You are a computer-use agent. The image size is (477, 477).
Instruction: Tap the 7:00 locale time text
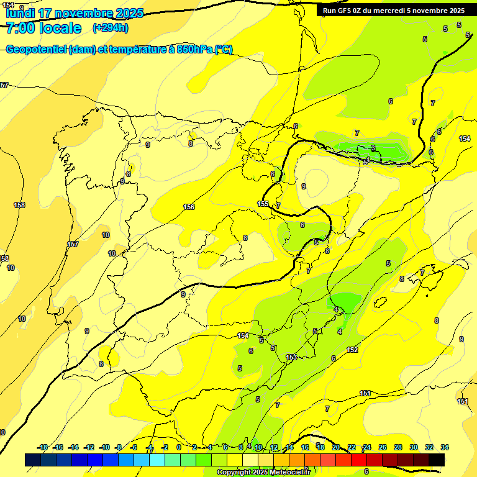43,28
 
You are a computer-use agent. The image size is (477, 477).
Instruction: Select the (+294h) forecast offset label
110,28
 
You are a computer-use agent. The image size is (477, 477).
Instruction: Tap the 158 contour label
19,205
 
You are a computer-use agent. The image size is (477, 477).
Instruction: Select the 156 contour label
189,207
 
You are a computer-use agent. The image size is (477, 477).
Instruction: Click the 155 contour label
263,204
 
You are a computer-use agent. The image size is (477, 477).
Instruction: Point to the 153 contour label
291,357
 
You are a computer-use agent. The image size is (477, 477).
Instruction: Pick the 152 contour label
352,350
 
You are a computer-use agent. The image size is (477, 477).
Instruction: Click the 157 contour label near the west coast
73,244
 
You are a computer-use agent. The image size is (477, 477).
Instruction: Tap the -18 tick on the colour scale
43,447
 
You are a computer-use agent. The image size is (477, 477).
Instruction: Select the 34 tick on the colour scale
445,447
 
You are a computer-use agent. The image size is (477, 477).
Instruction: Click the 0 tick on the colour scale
178,447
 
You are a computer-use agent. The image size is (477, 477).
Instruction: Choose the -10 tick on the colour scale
104,447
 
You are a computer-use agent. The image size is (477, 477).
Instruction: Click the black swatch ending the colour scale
437,460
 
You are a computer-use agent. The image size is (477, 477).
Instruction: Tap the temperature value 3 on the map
373,148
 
